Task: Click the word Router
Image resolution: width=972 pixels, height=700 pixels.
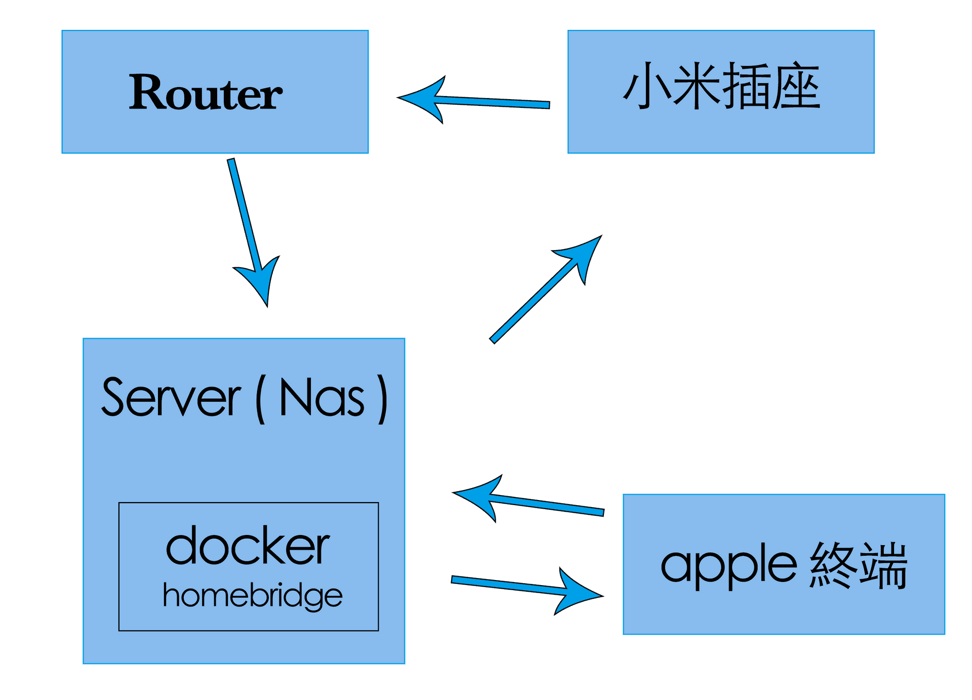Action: pos(205,92)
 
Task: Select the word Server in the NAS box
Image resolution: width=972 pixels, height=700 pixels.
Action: pos(171,398)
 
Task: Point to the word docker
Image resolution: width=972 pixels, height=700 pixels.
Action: pos(248,547)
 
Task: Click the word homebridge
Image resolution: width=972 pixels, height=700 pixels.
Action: pos(252,595)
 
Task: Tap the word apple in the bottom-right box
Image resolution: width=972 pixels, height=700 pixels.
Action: pos(729,566)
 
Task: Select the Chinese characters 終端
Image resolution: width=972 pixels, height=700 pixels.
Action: pos(859,565)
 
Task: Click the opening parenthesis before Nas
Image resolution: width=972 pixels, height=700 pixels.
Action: pos(260,399)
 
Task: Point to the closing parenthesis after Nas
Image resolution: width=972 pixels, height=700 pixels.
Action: pos(383,399)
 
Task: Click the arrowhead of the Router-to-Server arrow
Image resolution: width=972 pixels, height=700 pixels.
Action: pos(261,283)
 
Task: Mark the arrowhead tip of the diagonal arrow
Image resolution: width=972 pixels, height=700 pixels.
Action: pos(600,236)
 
